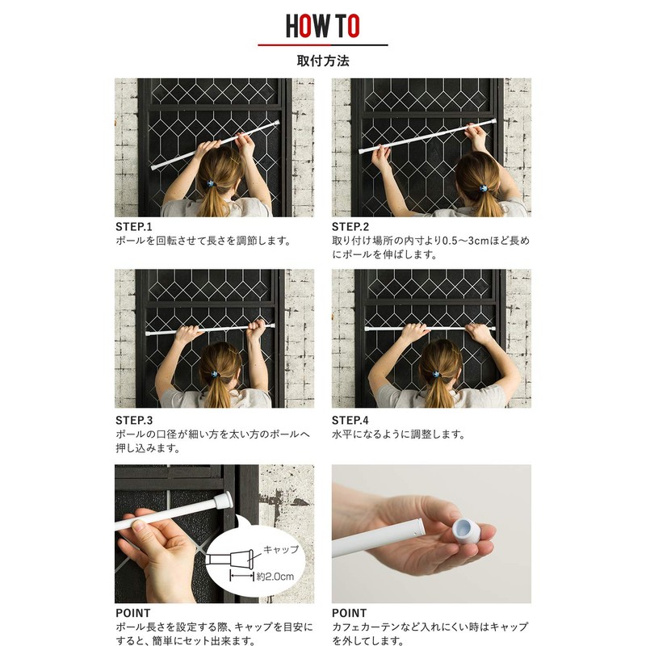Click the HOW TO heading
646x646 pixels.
(322, 26)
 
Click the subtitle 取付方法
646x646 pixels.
(323, 61)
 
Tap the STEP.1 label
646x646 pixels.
(134, 227)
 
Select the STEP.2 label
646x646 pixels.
(350, 227)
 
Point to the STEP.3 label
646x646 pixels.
(134, 420)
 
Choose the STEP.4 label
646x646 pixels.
(350, 420)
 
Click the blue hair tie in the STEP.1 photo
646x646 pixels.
(212, 183)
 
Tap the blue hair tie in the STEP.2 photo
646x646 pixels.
(483, 188)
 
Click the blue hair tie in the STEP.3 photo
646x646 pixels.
(214, 374)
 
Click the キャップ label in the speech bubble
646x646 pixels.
(281, 549)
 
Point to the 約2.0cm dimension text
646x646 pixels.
(275, 576)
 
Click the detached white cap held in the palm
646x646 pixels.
(466, 531)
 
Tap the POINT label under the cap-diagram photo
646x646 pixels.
(133, 613)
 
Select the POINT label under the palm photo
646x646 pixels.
(350, 613)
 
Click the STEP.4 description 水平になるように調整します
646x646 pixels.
(398, 434)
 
